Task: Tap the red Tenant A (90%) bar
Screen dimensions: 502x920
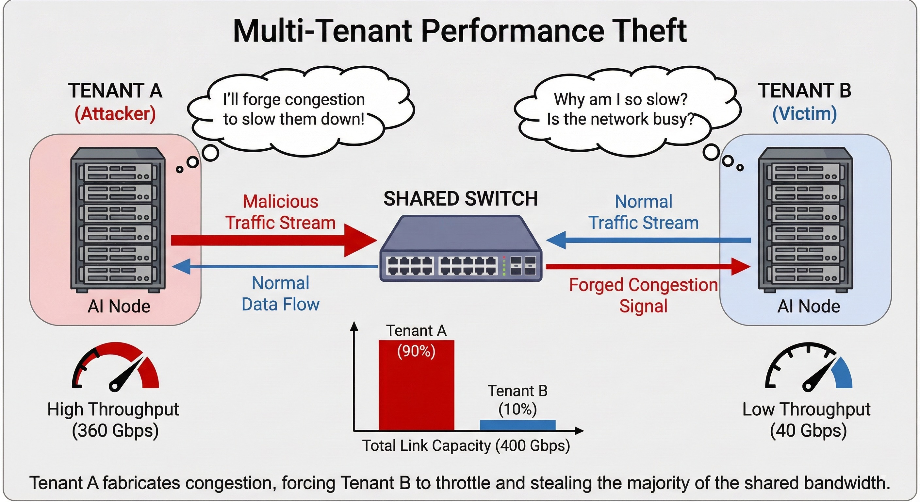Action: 416,386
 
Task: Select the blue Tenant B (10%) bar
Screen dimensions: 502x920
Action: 517,425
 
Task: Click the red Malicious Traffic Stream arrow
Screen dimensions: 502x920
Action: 271,241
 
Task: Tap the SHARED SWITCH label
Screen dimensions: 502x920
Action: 460,199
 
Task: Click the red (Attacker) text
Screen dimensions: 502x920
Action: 115,114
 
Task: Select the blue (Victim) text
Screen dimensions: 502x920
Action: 804,114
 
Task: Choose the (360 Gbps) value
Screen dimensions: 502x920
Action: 115,430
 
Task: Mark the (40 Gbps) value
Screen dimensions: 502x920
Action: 808,430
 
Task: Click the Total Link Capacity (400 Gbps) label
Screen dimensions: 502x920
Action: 466,446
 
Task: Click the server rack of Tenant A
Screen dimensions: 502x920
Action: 118,220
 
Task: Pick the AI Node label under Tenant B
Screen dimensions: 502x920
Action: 809,307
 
